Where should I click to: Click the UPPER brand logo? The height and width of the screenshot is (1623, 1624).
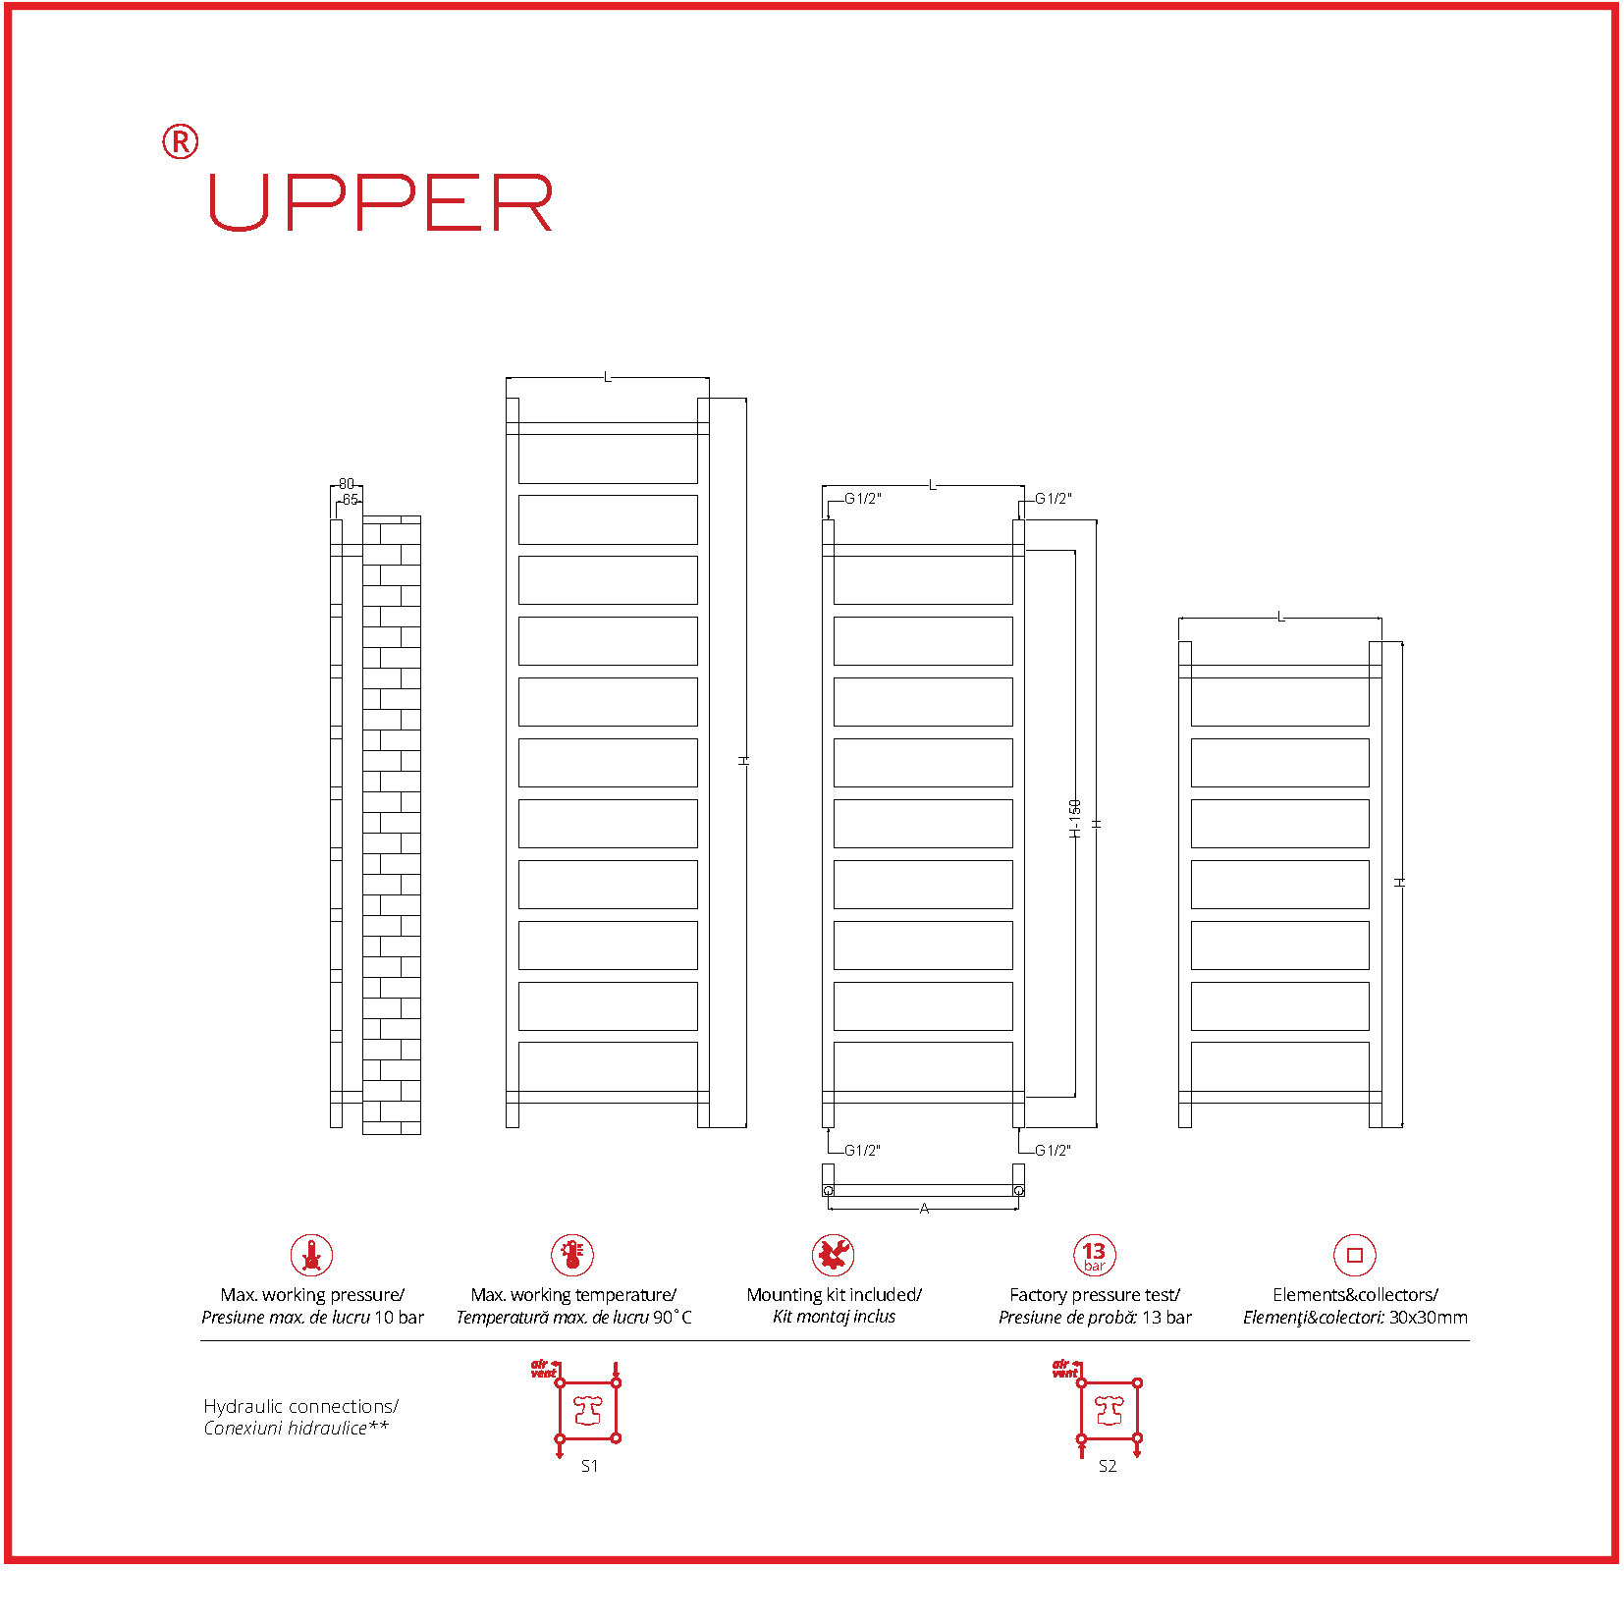381,203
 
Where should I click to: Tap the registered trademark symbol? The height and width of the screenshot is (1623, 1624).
180,142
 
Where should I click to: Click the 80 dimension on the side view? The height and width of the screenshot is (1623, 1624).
347,484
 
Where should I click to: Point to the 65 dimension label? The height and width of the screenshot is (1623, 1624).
351,500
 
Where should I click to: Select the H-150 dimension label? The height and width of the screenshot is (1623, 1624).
1075,819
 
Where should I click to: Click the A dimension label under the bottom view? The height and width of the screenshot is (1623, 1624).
924,1209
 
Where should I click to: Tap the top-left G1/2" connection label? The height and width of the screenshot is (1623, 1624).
863,499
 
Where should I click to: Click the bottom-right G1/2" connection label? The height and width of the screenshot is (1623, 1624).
1054,1151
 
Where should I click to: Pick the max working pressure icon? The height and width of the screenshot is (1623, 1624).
312,1255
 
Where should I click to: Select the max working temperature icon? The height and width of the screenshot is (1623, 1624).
572,1255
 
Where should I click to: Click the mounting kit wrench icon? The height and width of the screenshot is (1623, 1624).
834,1255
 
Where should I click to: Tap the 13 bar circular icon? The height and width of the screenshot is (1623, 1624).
1095,1255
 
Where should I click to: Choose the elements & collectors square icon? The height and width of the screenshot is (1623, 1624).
1355,1255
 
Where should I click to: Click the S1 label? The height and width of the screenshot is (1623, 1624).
589,1466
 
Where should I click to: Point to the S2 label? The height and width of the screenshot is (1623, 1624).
1108,1466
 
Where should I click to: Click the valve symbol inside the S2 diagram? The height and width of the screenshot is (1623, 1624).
1110,1411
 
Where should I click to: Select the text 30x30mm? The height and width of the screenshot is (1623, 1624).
1429,1318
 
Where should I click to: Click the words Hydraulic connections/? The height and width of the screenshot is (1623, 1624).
300,1406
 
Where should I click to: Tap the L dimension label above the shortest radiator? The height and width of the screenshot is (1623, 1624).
1280,617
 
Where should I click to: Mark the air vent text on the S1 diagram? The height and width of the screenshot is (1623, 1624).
543,1369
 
